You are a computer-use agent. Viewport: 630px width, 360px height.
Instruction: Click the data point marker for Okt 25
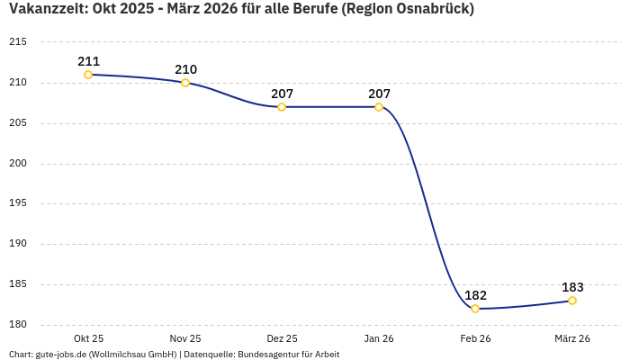click(x=88, y=75)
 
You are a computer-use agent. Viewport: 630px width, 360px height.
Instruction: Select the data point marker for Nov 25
click(x=185, y=83)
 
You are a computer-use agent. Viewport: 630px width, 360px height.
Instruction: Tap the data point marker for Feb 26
click(x=475, y=309)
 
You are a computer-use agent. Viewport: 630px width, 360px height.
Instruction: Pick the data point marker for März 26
click(x=572, y=301)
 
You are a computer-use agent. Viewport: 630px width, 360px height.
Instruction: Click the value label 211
click(x=88, y=61)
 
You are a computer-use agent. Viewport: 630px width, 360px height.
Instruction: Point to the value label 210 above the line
click(x=185, y=69)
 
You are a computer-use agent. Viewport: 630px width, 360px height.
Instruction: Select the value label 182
click(x=475, y=295)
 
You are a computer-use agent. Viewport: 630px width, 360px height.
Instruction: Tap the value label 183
click(x=572, y=287)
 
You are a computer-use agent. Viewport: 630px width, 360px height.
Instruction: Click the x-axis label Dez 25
click(x=282, y=338)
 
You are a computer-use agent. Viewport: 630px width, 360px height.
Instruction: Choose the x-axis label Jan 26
click(x=379, y=338)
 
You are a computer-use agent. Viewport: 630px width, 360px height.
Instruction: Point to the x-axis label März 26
click(x=572, y=338)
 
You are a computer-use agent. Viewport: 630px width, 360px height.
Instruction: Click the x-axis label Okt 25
click(x=88, y=338)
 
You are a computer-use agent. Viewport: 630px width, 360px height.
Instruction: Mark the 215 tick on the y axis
click(x=17, y=42)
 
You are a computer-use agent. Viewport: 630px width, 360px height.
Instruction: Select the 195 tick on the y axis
click(x=17, y=203)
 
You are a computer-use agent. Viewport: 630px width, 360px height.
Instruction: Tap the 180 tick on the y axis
click(x=17, y=325)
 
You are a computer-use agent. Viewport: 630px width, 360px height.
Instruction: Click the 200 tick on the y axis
click(x=17, y=164)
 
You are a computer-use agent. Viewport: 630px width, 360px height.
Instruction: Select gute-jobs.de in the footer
click(x=60, y=354)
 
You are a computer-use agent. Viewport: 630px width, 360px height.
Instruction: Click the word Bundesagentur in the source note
click(x=267, y=354)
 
